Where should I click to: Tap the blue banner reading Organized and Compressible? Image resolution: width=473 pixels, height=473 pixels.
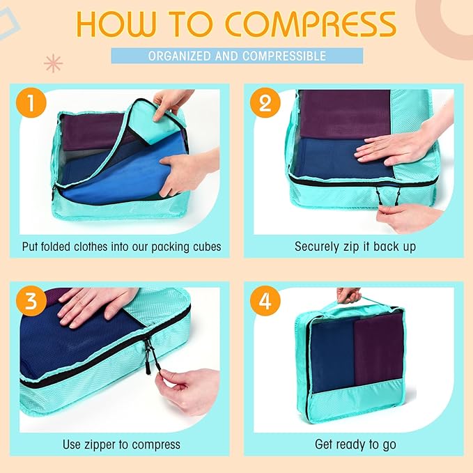click(x=237, y=56)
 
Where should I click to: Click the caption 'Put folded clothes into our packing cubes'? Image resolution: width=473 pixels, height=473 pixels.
click(x=121, y=246)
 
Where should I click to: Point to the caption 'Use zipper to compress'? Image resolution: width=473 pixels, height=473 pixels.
click(x=121, y=444)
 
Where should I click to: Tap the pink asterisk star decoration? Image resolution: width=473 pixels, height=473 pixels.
click(x=53, y=64)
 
